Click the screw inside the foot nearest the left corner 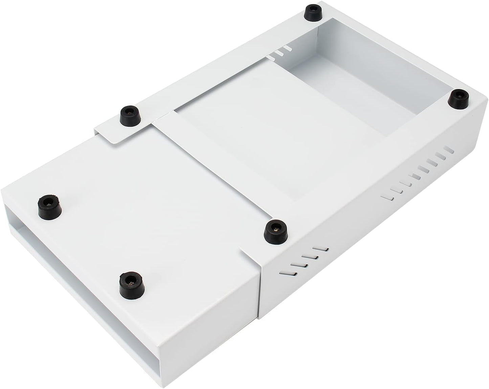click(50, 204)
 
